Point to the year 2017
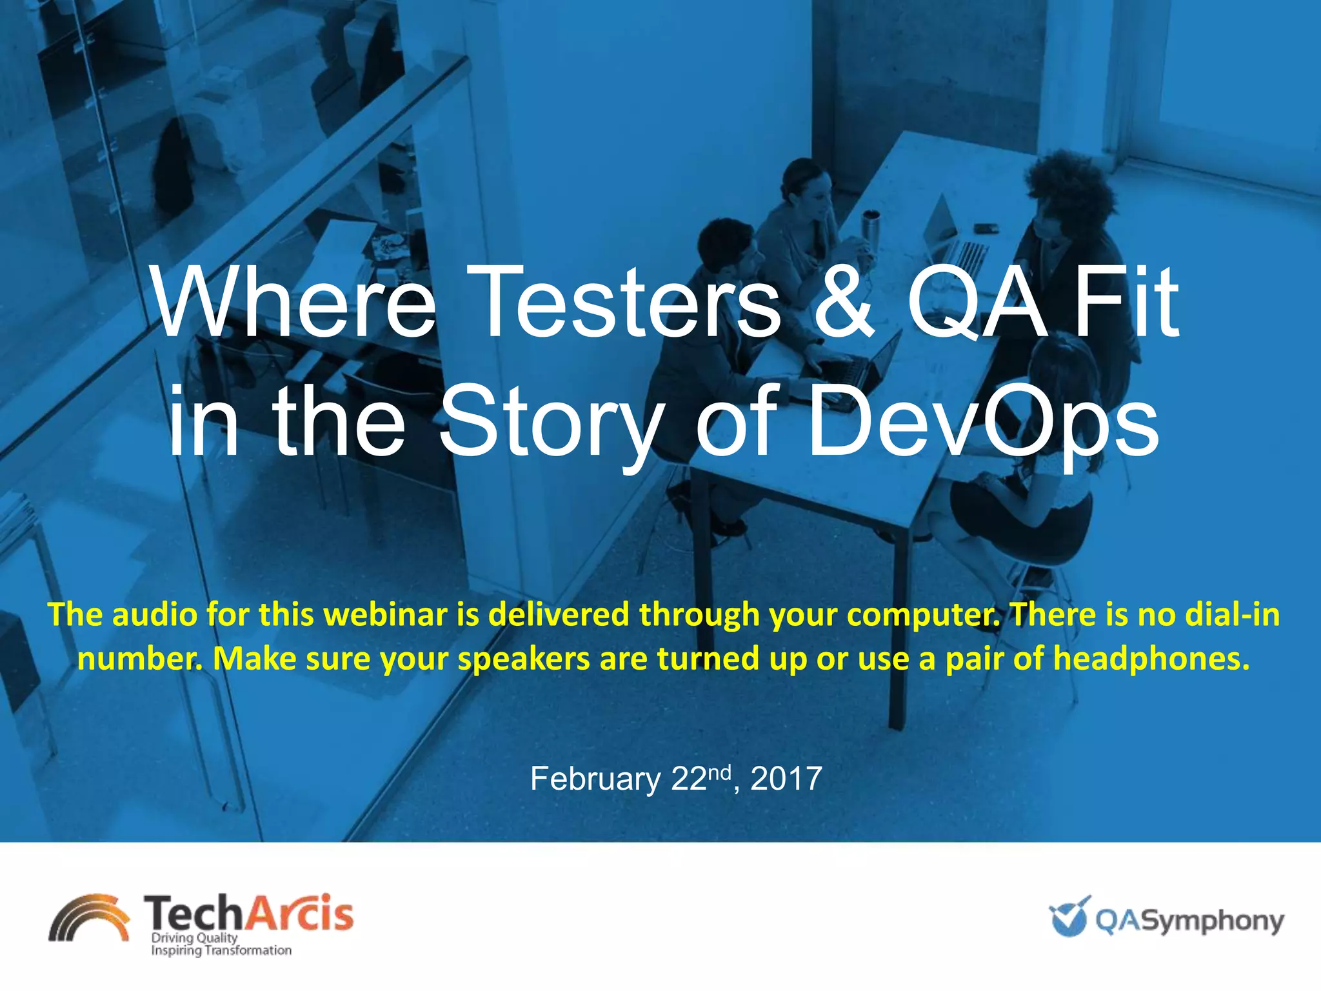click(786, 779)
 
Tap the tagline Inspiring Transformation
click(221, 950)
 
